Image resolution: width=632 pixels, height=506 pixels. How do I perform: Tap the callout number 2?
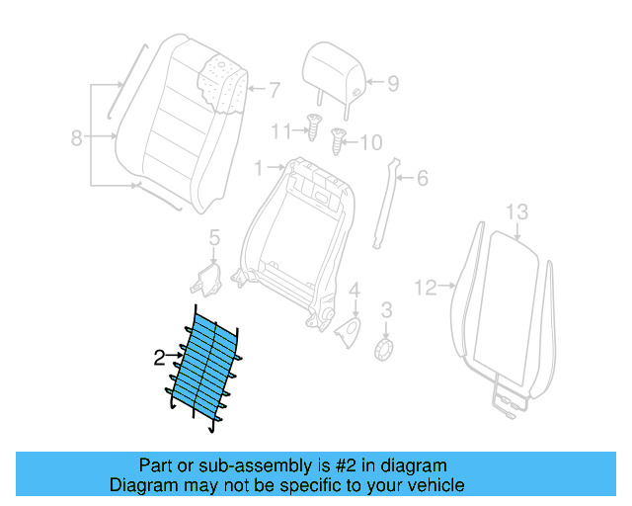click(159, 359)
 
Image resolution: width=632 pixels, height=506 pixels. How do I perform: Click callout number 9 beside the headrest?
click(392, 84)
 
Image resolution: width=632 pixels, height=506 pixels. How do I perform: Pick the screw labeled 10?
click(339, 141)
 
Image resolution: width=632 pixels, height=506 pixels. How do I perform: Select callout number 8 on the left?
click(76, 138)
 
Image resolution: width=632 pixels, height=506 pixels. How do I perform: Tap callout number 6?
click(422, 178)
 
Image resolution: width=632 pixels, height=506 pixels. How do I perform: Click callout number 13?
click(517, 211)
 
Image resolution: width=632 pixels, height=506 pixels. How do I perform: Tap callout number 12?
click(425, 288)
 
